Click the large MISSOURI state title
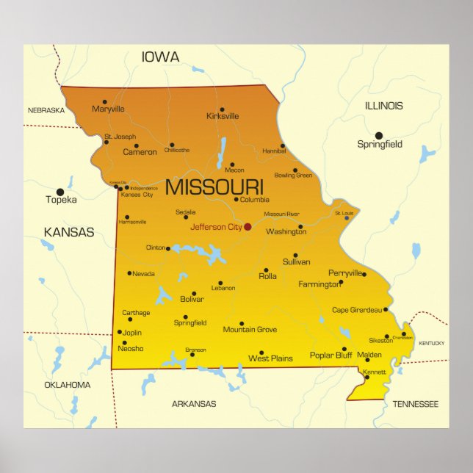(x=214, y=187)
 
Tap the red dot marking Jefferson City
(x=248, y=227)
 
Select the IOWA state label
(x=160, y=57)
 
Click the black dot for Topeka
(x=60, y=192)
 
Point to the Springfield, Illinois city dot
(x=379, y=135)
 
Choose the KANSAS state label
(x=69, y=232)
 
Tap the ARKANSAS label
(x=194, y=403)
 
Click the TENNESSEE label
(x=415, y=404)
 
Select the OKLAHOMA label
(x=68, y=385)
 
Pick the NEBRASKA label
(x=46, y=110)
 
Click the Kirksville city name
(x=223, y=116)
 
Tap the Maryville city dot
(x=104, y=102)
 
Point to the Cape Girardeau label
(x=357, y=310)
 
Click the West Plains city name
(x=270, y=358)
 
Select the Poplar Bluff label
(x=331, y=355)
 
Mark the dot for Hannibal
(x=283, y=145)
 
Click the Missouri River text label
(x=281, y=214)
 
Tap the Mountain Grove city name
(x=250, y=330)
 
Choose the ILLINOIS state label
(x=383, y=106)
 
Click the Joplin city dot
(x=120, y=332)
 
